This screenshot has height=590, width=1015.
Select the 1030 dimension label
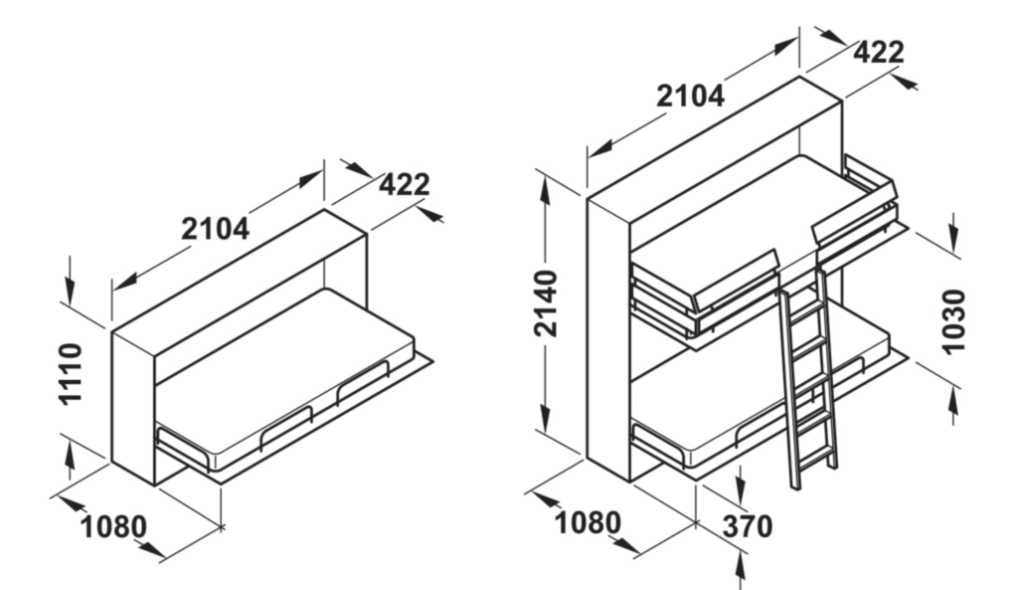952,320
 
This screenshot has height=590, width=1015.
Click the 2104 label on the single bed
215,229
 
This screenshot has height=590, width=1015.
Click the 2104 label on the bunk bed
690,96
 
